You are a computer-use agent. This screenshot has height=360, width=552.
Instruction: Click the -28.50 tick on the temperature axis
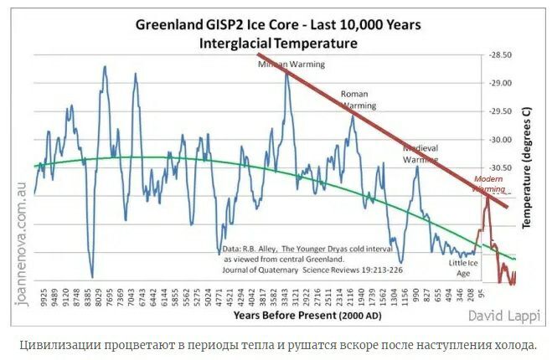(x=501, y=54)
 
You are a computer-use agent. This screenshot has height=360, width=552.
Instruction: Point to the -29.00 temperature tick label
(x=501, y=83)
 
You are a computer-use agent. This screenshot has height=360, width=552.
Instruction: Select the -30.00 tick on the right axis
(x=501, y=140)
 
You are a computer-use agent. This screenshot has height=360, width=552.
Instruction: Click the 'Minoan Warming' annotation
(x=290, y=64)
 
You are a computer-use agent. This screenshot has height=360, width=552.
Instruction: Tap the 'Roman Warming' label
(x=359, y=100)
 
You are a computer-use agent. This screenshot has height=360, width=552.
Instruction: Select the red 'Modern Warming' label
(x=489, y=184)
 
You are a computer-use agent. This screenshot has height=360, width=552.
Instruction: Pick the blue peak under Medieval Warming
(x=416, y=167)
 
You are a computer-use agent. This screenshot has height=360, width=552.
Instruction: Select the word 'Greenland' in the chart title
(x=168, y=24)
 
